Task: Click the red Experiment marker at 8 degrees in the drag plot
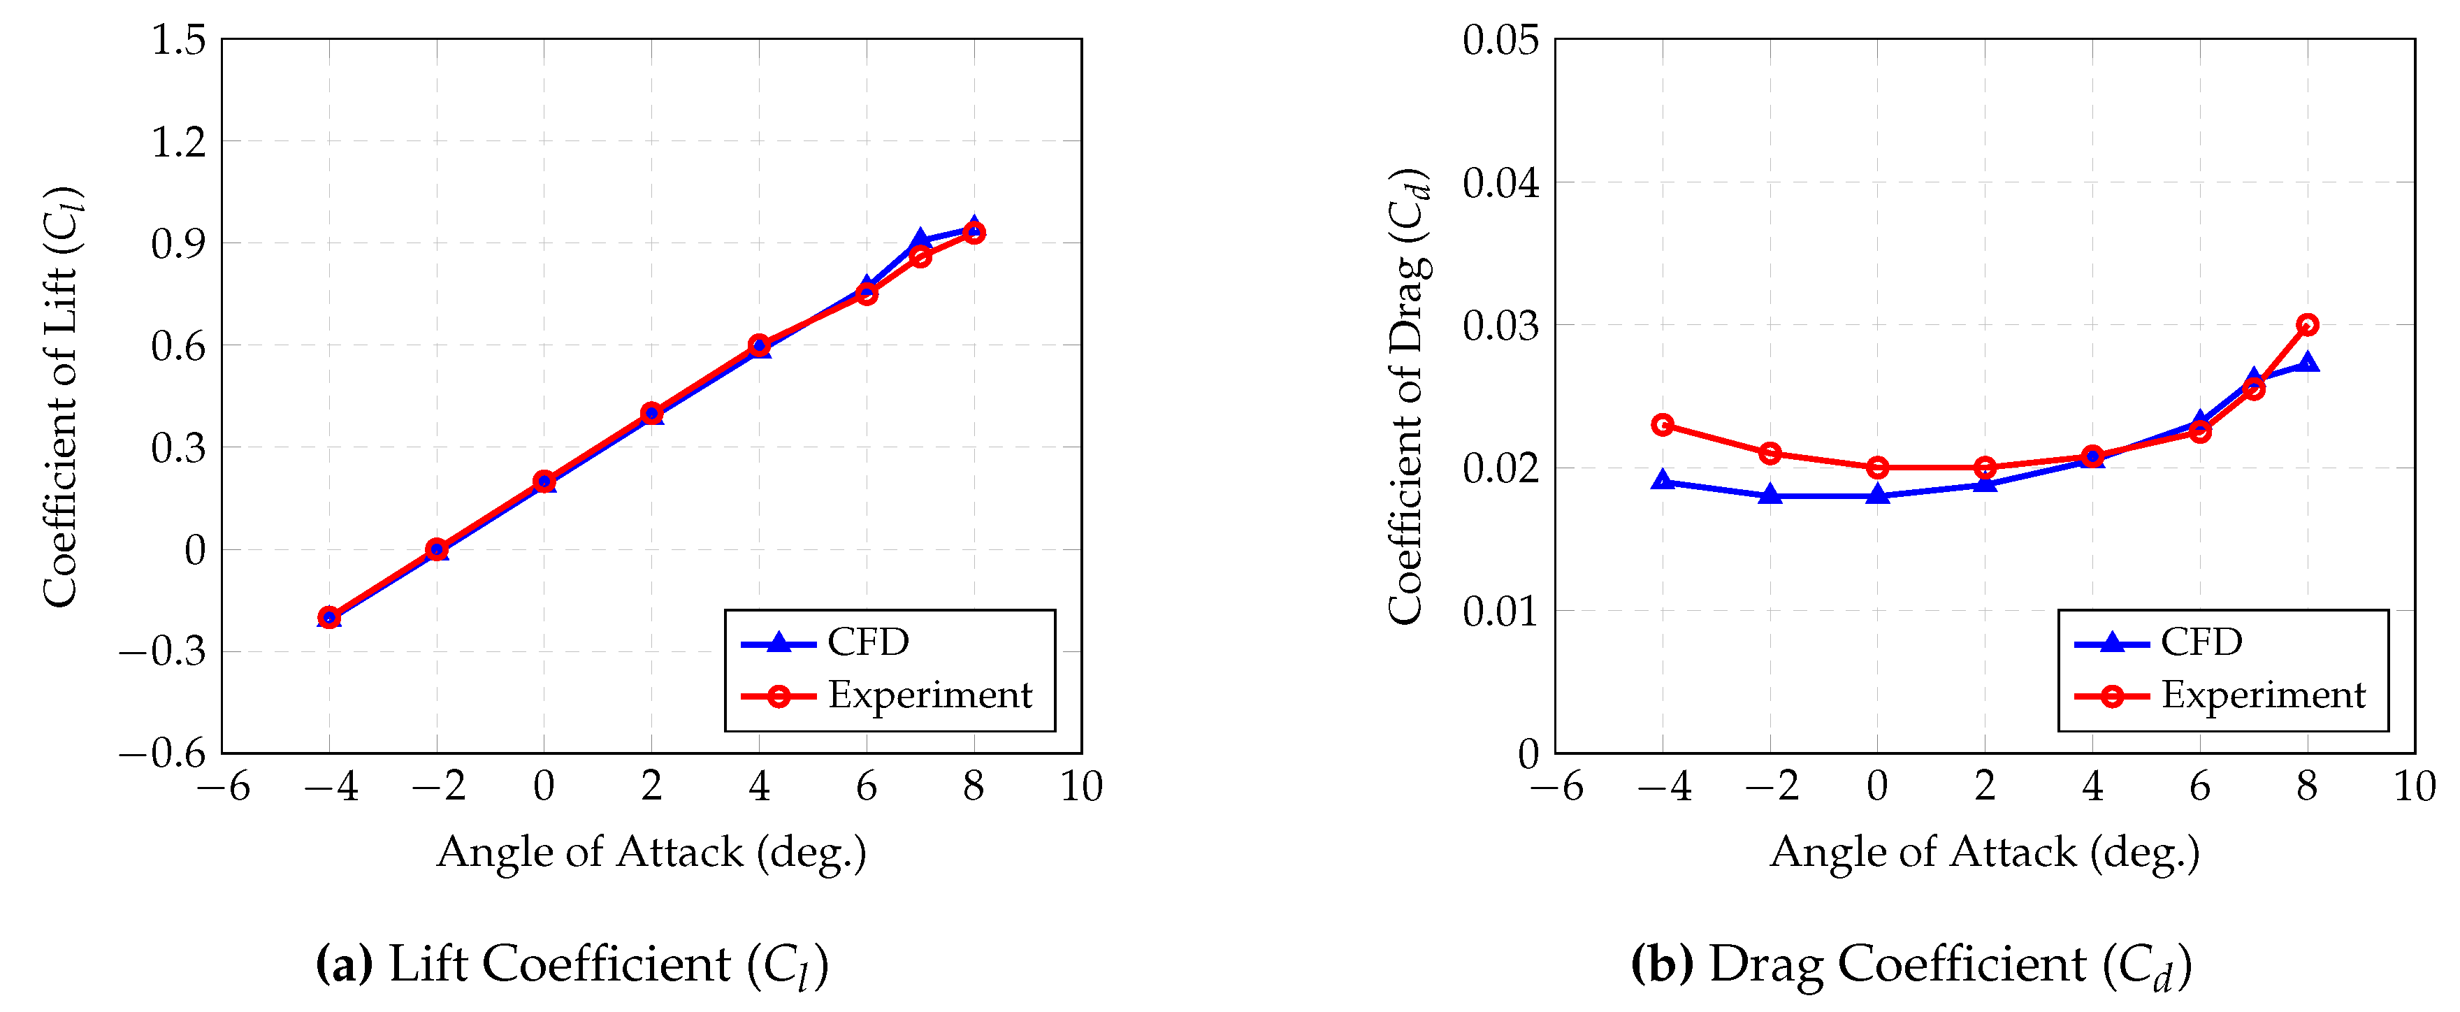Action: tap(2307, 324)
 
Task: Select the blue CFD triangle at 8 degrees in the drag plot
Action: tap(2307, 363)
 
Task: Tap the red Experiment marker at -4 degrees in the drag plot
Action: tap(1663, 425)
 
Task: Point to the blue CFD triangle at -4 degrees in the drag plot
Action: tap(1663, 481)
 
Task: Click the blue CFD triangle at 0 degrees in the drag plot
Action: tap(1877, 495)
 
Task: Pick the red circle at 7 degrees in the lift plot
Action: tap(920, 256)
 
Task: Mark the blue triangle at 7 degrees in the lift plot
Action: tap(920, 240)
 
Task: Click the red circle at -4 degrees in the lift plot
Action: tap(329, 616)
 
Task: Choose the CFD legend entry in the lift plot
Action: tap(867, 642)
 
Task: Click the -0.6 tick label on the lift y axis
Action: tap(162, 753)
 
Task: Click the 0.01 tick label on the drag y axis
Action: tap(1500, 611)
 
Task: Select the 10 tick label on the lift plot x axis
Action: tap(1081, 788)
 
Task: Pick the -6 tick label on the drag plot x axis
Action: tap(1556, 788)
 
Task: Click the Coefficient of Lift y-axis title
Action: tap(60, 396)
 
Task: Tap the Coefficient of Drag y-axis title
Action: tap(1408, 396)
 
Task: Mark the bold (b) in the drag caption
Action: tap(1663, 964)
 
